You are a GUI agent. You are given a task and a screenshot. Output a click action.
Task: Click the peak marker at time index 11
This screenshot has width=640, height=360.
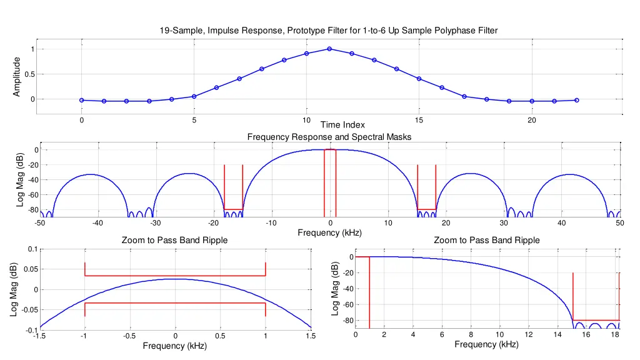[329, 49]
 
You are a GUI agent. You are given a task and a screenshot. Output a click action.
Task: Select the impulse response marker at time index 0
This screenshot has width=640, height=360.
[82, 100]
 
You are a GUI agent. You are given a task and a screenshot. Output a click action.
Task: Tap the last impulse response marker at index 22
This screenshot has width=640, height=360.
[576, 100]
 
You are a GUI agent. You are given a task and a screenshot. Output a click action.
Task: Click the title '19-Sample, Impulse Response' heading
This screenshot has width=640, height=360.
[329, 30]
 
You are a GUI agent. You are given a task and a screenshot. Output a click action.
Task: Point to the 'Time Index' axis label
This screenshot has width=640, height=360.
[342, 125]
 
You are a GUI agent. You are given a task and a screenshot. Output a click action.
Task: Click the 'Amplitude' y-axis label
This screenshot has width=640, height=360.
[17, 76]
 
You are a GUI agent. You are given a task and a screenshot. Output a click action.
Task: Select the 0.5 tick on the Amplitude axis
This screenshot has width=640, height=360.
[31, 74]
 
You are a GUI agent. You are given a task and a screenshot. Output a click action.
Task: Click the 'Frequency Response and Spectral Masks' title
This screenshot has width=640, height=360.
[329, 136]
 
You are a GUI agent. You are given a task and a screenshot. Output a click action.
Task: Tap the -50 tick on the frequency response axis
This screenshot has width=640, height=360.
[39, 224]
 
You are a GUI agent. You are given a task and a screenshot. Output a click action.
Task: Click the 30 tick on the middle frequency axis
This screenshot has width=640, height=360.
[504, 224]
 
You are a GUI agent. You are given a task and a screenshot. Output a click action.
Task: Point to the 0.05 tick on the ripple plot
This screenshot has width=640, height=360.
[29, 269]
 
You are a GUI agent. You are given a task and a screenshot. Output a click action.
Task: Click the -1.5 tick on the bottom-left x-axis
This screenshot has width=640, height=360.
[39, 336]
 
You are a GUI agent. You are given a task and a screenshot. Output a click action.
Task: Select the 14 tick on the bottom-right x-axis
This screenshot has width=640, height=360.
[557, 334]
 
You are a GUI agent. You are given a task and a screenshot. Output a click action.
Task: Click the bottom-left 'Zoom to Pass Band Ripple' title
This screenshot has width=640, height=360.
[174, 241]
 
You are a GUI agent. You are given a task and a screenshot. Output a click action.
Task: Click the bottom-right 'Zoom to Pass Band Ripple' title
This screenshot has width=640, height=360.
[486, 241]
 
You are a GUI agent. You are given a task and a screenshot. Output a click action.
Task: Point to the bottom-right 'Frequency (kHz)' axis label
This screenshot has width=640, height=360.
[486, 344]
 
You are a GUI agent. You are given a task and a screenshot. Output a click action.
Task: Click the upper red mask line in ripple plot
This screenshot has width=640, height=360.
[175, 276]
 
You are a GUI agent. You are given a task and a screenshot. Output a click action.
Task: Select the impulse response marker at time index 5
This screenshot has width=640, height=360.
[194, 96]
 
